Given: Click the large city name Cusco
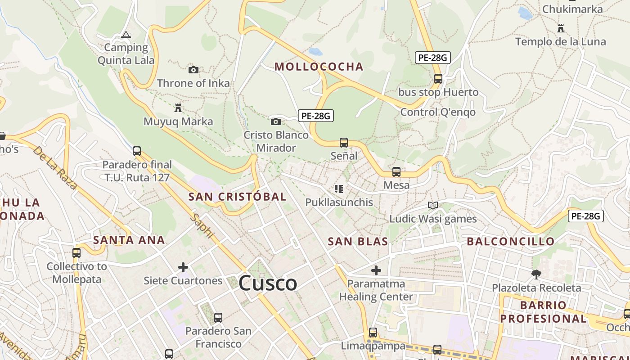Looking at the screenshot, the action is coord(268,283).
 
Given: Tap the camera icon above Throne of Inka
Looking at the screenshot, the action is coord(193,70).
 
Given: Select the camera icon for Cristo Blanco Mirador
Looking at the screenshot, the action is coord(276,121).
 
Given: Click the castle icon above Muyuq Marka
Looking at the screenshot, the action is coord(178,108).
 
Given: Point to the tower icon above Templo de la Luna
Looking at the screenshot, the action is coord(561,28).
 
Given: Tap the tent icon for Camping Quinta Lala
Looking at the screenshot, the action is coord(126,35).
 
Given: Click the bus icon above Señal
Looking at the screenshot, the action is coord(344,143).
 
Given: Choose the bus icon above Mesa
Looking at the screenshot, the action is coord(396,172).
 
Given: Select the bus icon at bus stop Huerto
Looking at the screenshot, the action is coord(438,79).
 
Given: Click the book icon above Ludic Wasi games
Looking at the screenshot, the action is coord(433,206).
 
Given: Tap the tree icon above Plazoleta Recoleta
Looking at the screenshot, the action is coord(536,274).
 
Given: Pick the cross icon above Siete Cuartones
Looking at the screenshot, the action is coord(183,268).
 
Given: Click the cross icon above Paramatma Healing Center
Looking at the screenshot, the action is coord(376,270).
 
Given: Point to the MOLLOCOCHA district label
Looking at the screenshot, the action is coord(319,67).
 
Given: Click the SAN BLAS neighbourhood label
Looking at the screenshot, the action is coord(358,242).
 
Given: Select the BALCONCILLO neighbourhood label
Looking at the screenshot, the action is coord(511,242).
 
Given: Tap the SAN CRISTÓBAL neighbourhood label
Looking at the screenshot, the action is coord(237,197).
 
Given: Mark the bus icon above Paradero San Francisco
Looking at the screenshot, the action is coord(218,317).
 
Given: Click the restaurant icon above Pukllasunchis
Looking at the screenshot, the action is coord(339,189).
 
